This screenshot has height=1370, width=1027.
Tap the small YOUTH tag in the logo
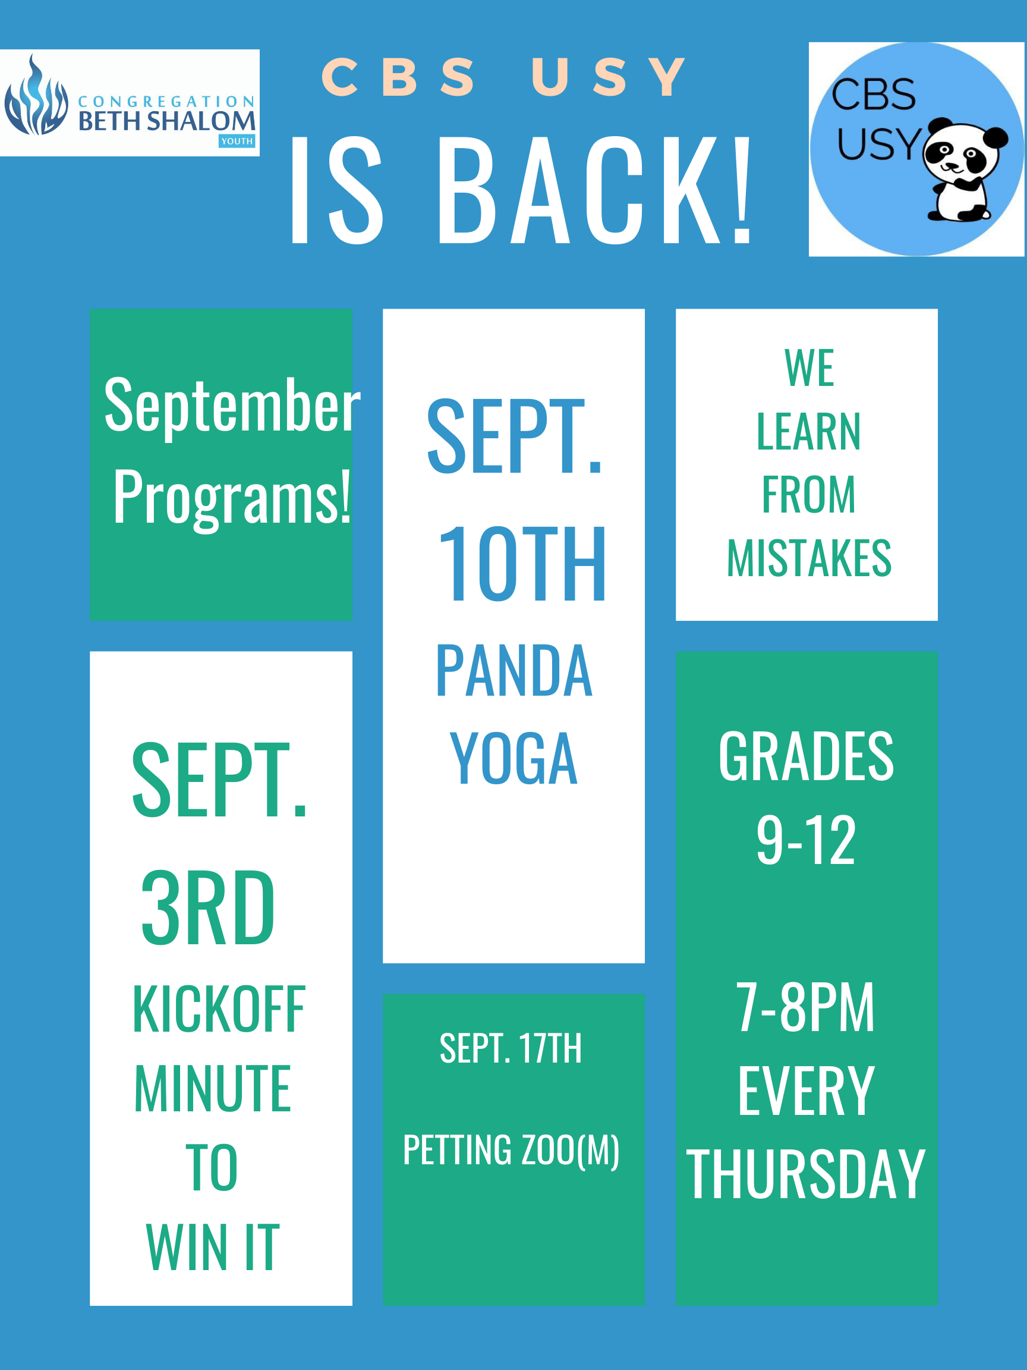coord(237,141)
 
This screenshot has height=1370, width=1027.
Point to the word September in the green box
coord(232,406)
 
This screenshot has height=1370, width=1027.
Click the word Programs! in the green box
coord(232,497)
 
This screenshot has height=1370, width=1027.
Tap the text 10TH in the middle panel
coord(522,564)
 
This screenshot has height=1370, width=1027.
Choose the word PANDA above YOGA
coord(514,671)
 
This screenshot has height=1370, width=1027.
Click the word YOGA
coord(514,758)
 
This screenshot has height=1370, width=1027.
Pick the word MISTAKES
coord(808,559)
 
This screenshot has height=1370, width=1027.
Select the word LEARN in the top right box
coord(808,432)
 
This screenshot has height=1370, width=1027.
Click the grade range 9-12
coord(806,840)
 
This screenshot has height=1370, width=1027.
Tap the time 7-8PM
coord(806,1008)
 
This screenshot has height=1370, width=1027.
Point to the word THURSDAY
coord(806,1174)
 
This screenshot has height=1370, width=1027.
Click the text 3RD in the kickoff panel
coord(208,908)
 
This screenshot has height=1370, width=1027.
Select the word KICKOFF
coord(219,1010)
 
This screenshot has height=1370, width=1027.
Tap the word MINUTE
coord(212,1089)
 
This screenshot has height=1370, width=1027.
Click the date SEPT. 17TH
coord(511,1048)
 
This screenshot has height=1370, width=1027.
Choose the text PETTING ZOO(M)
coord(511,1151)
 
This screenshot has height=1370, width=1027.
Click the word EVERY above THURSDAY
coord(806,1091)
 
